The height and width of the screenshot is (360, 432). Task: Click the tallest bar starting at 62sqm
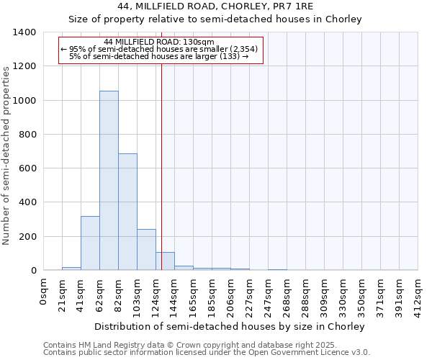pos(109,180)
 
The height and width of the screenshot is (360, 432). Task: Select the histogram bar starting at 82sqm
pos(127,212)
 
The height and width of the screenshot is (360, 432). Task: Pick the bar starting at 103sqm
pos(146,249)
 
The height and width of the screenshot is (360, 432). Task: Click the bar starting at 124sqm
pos(165,261)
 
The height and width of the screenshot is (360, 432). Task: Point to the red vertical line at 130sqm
pos(161,166)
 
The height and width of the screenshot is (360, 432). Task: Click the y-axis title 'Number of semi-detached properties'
pos(6,155)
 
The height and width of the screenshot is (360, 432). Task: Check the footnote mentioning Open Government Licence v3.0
pos(207,353)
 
